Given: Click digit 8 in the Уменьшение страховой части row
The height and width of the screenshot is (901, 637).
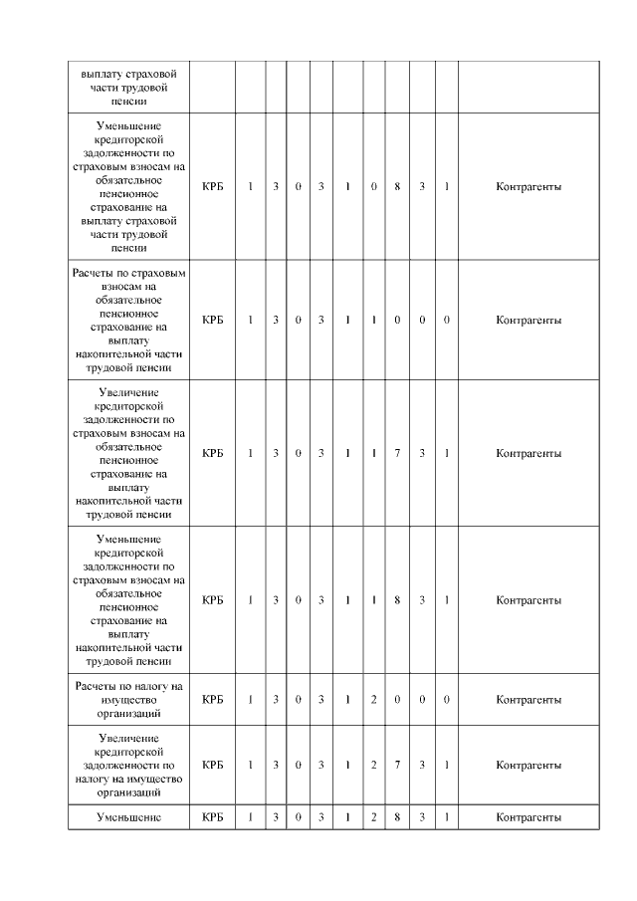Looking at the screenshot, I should coord(397,186).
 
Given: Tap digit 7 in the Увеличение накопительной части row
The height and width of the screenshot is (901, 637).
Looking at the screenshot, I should coord(397,453).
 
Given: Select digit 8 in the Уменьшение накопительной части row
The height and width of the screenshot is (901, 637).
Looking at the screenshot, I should coord(397,600).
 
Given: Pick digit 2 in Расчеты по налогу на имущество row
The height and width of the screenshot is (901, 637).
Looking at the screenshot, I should coord(373,700).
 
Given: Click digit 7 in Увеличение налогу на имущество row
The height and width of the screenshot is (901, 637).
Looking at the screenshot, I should coord(397,765).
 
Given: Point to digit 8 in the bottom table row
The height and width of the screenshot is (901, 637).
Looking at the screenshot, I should coord(397,817).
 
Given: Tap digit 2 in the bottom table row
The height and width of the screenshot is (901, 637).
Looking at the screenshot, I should coord(373,817).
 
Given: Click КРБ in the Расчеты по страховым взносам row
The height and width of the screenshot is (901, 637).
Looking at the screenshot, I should coord(212,320).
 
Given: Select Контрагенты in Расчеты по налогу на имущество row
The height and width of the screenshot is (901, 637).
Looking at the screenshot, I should coord(529,700).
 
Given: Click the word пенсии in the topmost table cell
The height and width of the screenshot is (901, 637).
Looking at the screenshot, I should coord(129,102).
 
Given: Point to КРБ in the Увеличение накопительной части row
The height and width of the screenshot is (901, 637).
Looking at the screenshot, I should coord(212,453).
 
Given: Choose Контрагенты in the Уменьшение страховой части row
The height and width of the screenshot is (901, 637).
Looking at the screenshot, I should coord(529,186).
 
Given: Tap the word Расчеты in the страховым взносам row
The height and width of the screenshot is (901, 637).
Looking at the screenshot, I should coord(94,272).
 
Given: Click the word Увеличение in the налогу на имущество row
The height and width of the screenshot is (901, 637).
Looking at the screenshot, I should coord(129,737).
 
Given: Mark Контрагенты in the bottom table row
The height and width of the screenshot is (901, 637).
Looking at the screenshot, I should coord(529,817).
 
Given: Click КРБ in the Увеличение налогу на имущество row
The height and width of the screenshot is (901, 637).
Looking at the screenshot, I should coord(212,765).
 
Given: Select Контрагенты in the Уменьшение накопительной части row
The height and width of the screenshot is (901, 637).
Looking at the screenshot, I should coord(529,600).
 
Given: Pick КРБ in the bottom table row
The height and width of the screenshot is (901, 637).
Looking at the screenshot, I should coord(212,817).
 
